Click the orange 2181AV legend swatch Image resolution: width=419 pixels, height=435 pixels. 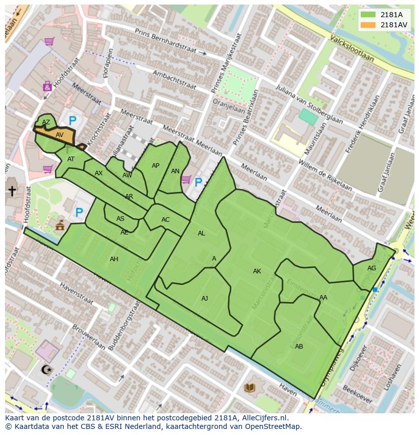[368, 25]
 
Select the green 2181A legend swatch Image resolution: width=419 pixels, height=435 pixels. [368, 15]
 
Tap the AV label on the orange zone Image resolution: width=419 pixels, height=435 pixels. [60, 135]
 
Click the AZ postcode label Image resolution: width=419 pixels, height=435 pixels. [46, 122]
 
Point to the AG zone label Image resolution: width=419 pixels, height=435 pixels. [372, 268]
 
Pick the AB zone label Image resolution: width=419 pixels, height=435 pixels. [299, 347]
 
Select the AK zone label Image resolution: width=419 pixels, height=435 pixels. [257, 271]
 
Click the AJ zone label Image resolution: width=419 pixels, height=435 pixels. [204, 299]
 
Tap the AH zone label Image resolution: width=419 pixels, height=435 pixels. [114, 259]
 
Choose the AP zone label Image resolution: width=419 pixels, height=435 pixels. [155, 166]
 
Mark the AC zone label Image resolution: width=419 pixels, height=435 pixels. [165, 220]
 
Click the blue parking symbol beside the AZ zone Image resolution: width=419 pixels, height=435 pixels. [72, 121]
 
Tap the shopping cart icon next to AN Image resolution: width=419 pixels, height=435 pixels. [186, 179]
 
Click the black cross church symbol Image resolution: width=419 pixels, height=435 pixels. [12, 190]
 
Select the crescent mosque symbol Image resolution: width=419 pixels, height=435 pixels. [46, 370]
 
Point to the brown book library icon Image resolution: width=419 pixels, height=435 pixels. [249, 388]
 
